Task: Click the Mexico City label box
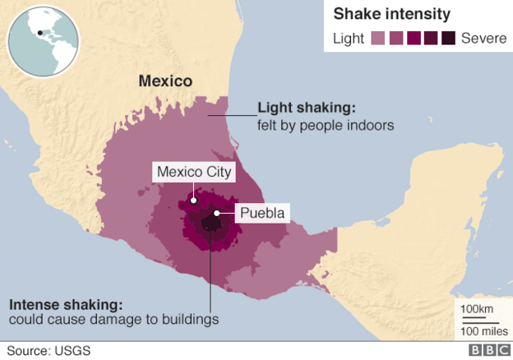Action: point(195,173)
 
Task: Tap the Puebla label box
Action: point(263,214)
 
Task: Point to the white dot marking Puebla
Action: point(217,214)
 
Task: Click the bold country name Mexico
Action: point(165,81)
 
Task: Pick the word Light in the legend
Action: point(349,38)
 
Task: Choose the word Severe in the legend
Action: point(483,38)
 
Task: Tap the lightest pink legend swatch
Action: point(378,38)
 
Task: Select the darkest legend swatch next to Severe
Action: point(448,38)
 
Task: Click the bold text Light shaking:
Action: point(307,108)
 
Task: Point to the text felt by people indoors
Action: point(326,126)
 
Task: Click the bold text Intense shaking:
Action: point(65,302)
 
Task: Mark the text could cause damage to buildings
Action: point(113,319)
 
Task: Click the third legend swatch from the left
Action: point(414,38)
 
